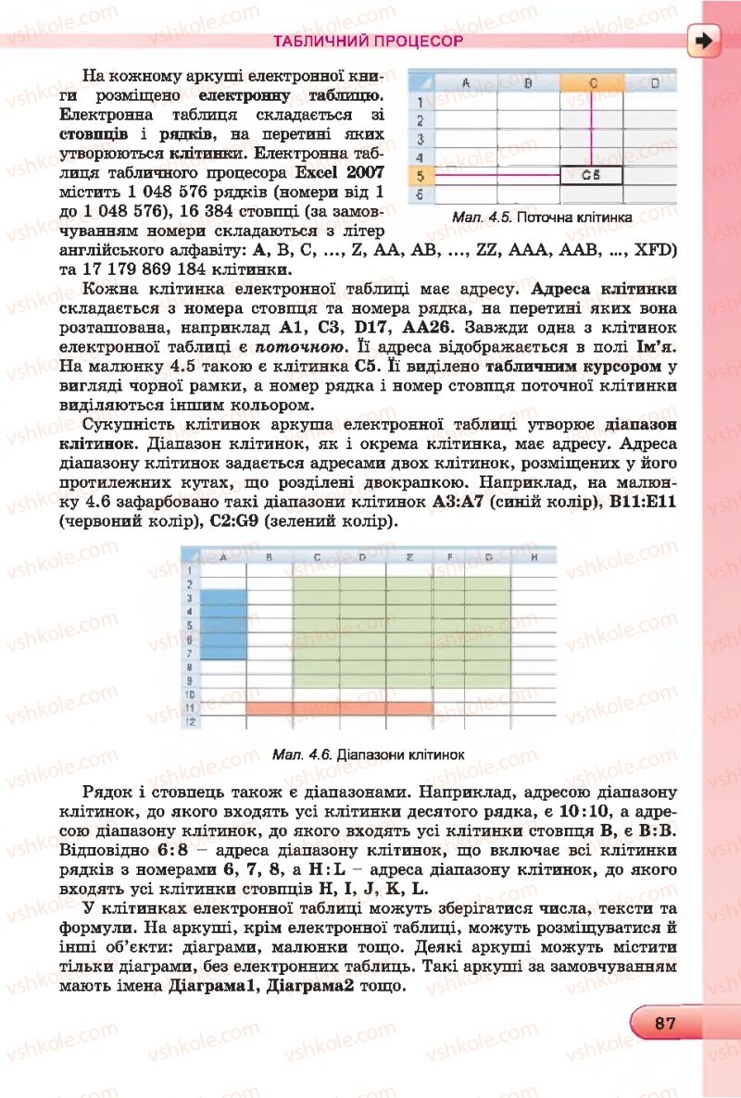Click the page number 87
(663, 1023)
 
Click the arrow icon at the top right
(706, 41)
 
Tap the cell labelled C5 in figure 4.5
(591, 174)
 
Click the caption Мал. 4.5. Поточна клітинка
(542, 218)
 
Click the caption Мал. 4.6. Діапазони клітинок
(368, 755)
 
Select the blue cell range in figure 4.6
(223, 623)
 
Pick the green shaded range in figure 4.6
(401, 631)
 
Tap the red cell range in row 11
(339, 708)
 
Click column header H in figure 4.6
(534, 557)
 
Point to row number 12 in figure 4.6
(189, 722)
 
